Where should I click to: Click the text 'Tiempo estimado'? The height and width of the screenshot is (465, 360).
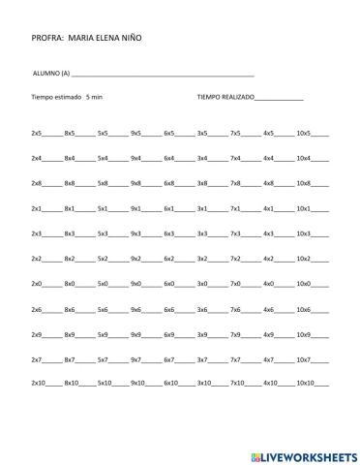coord(54,98)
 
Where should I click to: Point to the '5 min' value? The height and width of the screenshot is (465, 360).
coord(94,98)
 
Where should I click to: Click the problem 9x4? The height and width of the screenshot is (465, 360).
coord(135,157)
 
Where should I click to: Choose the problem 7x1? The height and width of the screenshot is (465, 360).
coord(235,207)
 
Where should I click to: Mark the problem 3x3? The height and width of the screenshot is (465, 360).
coord(201,232)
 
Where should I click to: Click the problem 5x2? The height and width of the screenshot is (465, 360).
coord(103,258)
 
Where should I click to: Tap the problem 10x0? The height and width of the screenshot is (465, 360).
coord(303,283)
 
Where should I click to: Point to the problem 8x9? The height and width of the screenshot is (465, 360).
coord(70,334)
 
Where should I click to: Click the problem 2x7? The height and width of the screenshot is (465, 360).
coord(37,359)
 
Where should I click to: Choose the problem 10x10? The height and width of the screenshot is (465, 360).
coord(305,385)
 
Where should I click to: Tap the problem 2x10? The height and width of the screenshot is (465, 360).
coord(39,385)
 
